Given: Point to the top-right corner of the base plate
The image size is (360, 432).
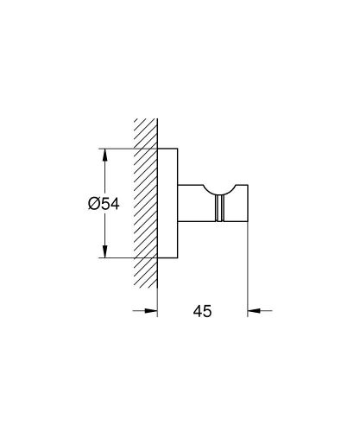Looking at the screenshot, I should pos(179,150).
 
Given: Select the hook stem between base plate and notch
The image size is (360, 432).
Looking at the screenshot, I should pos(190,204).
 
